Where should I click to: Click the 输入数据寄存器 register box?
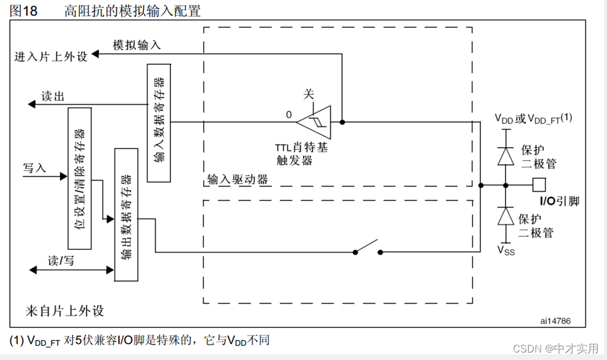(158, 123)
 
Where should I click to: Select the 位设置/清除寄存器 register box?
(79, 178)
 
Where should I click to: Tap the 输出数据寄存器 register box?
(125, 215)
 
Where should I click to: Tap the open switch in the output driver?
(368, 248)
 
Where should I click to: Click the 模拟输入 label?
(137, 44)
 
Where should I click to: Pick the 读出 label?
(53, 96)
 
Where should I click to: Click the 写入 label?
(35, 168)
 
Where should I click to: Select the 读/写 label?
(61, 260)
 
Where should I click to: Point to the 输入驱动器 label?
(238, 180)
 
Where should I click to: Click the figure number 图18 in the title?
(24, 11)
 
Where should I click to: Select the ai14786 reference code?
(555, 321)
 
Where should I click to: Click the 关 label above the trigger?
(308, 94)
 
